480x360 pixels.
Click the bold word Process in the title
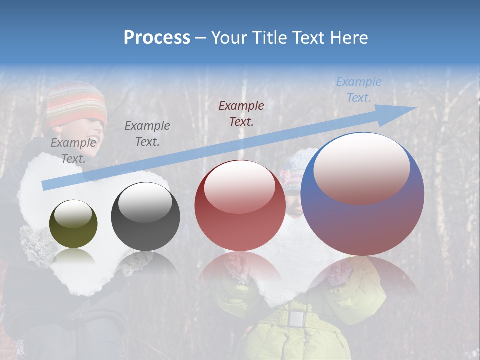[157, 38]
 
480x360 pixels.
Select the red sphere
[240, 220]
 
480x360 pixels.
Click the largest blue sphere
[362, 220]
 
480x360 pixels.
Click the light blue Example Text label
[359, 90]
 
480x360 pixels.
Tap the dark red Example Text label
[241, 113]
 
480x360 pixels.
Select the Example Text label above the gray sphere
[147, 133]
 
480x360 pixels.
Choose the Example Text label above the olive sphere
[73, 150]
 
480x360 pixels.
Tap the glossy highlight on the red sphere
[239, 186]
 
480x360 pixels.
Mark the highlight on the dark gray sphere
[145, 201]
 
